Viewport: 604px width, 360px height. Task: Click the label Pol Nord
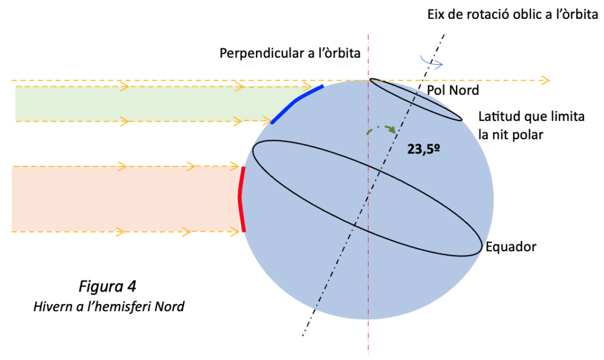tap(453, 90)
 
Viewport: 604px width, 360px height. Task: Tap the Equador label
tap(511, 247)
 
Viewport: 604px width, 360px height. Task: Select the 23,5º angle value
tap(424, 149)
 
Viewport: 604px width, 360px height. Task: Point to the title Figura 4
tap(107, 286)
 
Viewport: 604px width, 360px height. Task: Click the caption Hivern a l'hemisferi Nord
tap(109, 306)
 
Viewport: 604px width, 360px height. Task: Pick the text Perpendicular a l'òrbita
tap(290, 53)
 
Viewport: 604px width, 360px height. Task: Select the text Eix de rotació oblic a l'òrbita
tap(513, 15)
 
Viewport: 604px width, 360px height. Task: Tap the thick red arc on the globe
tap(241, 199)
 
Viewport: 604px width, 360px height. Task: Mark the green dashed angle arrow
tap(382, 127)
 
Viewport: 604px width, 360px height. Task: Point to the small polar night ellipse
tap(416, 100)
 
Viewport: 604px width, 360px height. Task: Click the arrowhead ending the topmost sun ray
tap(544, 80)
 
